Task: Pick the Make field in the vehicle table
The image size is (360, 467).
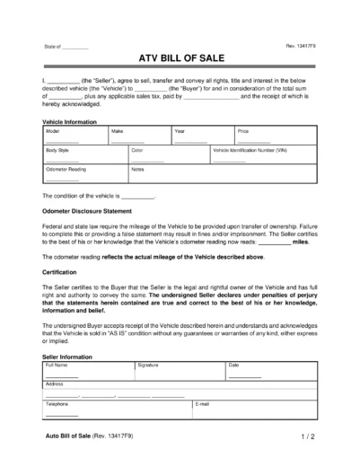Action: [138, 136]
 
